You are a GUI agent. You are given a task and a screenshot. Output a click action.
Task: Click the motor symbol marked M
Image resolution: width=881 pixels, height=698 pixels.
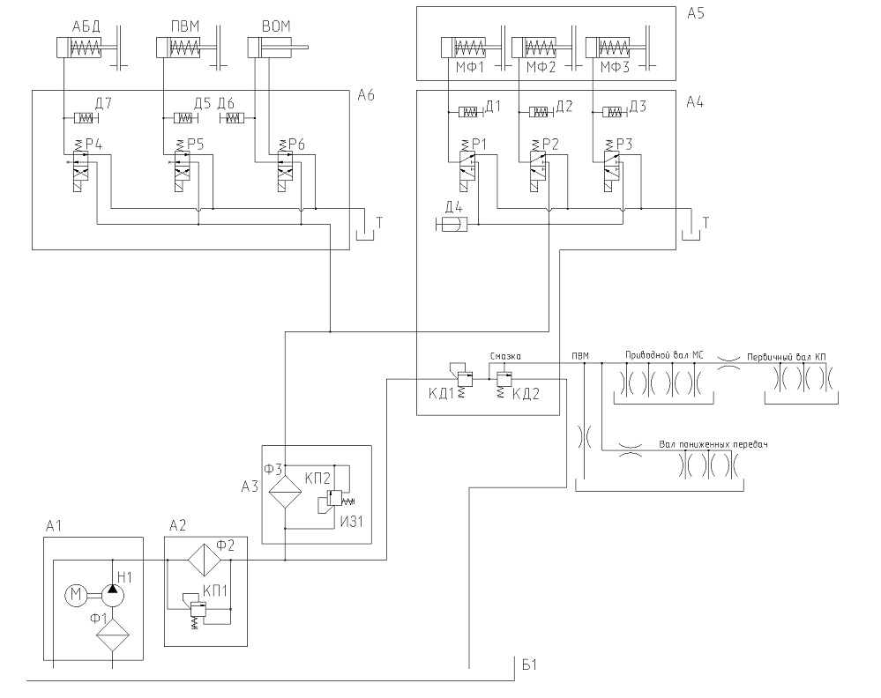click(75, 595)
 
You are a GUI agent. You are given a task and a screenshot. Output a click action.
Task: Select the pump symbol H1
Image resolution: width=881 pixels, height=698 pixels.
click(113, 595)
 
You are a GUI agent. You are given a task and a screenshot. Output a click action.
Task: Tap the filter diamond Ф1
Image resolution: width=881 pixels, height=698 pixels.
click(113, 635)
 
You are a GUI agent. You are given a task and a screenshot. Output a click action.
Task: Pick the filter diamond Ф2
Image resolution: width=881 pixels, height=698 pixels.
click(204, 560)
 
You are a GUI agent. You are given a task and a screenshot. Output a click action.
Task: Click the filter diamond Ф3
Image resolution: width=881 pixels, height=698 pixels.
click(285, 492)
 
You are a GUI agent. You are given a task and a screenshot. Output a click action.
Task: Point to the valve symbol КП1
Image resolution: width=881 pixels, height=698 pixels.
click(197, 609)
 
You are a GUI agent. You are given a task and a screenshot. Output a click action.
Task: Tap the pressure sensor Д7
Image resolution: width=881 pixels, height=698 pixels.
click(85, 118)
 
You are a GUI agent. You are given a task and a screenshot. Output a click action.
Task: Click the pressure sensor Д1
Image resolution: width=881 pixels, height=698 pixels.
click(469, 112)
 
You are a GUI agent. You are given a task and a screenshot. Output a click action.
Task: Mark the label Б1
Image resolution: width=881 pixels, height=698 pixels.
click(530, 665)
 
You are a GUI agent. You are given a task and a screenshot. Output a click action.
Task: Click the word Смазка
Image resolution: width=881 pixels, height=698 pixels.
click(505, 356)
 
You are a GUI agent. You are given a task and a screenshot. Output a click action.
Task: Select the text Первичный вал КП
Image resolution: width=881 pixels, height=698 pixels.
click(786, 357)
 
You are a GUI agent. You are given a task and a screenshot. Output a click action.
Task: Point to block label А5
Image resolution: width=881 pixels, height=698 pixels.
click(696, 13)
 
